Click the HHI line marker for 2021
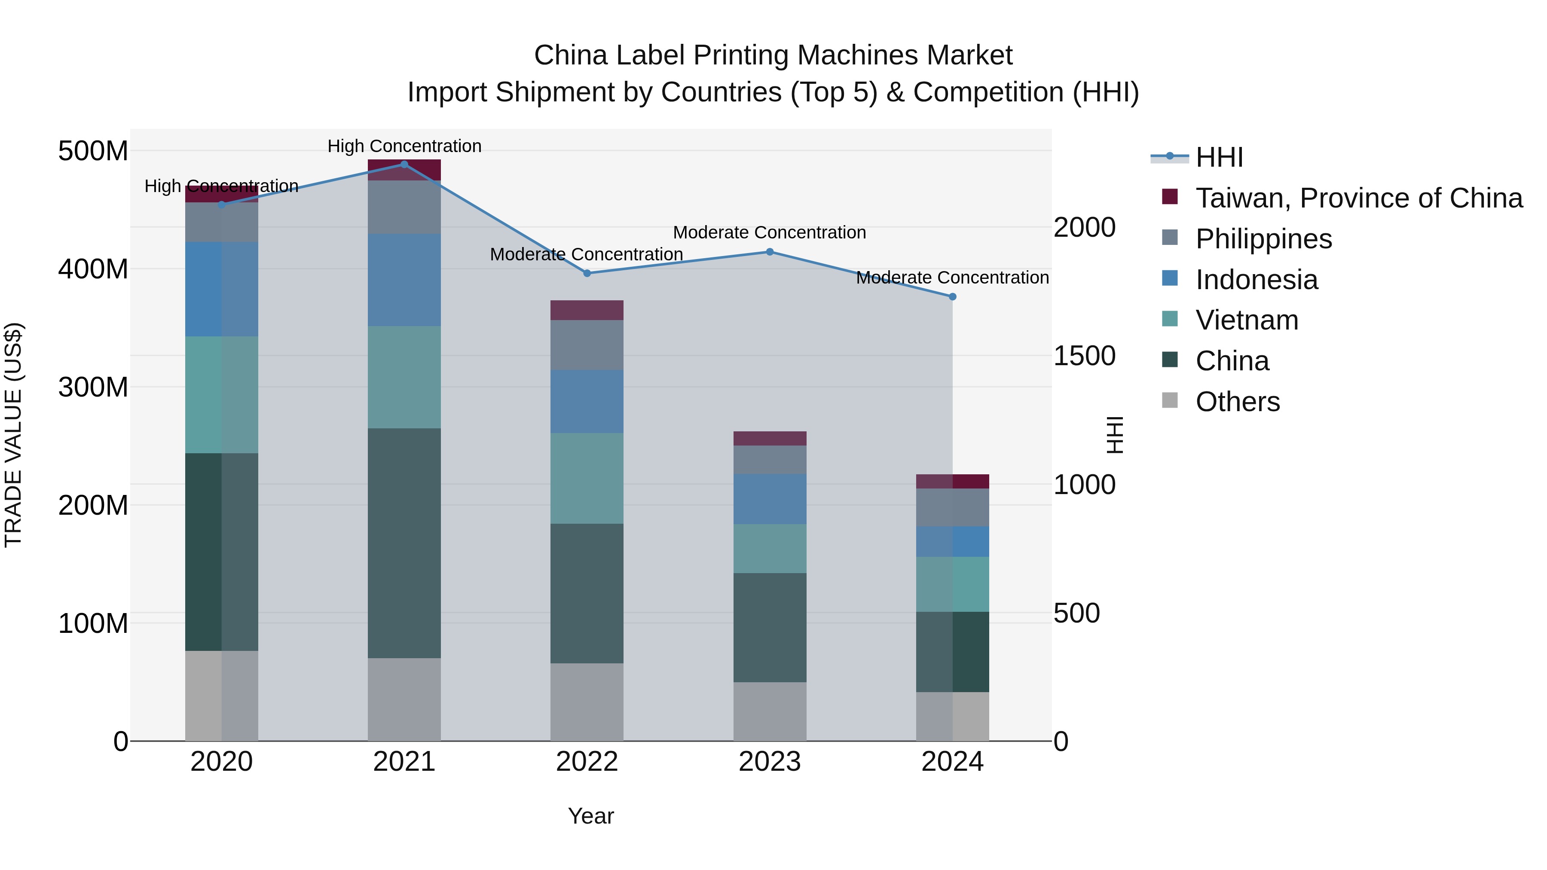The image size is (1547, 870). tap(404, 165)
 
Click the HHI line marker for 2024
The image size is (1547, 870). tap(952, 296)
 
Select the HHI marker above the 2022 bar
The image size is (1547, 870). tap(587, 273)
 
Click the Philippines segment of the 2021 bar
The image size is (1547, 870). tap(404, 207)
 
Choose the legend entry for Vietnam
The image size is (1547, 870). tap(1246, 320)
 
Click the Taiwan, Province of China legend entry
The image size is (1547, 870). tap(1358, 198)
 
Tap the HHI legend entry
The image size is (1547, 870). tap(1219, 157)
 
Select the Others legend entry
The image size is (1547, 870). tap(1237, 402)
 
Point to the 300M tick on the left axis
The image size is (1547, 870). tap(93, 387)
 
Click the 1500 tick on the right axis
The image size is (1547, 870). tap(1085, 356)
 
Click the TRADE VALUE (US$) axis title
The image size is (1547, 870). tap(14, 435)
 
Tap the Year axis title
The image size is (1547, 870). tap(591, 816)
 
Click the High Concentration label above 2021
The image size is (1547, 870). tap(404, 146)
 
